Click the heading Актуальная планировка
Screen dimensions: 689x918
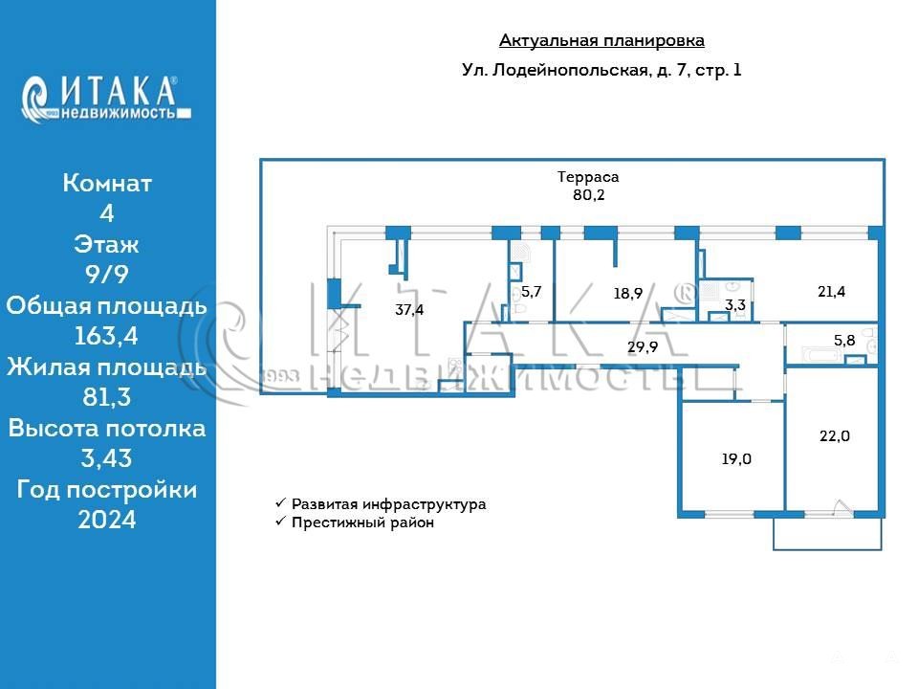(601, 40)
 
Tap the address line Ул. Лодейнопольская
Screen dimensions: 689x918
(601, 70)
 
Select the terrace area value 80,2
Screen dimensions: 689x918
(588, 195)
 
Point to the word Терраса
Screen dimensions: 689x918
(588, 177)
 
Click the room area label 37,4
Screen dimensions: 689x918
(409, 309)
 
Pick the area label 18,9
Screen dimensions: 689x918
(628, 294)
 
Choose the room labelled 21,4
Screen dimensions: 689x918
(831, 291)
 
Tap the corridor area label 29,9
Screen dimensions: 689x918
(642, 347)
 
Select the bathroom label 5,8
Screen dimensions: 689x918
(844, 340)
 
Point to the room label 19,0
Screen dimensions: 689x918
(735, 458)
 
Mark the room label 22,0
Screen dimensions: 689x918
(834, 435)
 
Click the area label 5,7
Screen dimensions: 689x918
(532, 292)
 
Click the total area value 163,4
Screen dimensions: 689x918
(106, 336)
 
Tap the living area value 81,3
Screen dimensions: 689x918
(106, 397)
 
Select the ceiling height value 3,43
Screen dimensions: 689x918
(106, 458)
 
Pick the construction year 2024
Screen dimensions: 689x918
(106, 520)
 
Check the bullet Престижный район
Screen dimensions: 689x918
(362, 522)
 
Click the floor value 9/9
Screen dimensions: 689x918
(106, 275)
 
